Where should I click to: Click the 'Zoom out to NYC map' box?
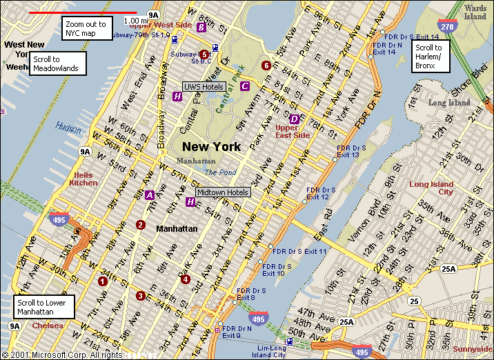[x=86, y=28]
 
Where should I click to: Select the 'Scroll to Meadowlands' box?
[x=59, y=63]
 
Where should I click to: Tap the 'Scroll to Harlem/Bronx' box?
[x=431, y=57]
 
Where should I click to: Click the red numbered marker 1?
[x=103, y=281]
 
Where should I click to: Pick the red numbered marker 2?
[x=141, y=224]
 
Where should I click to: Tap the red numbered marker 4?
[x=185, y=279]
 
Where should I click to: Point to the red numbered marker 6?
[x=266, y=66]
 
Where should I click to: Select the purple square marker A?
[x=150, y=195]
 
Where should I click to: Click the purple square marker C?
[x=245, y=86]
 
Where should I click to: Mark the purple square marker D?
[x=295, y=119]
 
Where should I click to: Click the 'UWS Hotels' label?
[x=203, y=86]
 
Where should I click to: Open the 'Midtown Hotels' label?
[x=223, y=192]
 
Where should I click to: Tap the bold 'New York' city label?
[x=211, y=147]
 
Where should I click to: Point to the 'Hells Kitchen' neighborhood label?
[x=83, y=179]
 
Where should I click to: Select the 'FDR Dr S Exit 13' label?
[x=348, y=152]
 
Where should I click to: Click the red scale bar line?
[x=83, y=12]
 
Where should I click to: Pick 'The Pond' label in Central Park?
[x=219, y=172]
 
